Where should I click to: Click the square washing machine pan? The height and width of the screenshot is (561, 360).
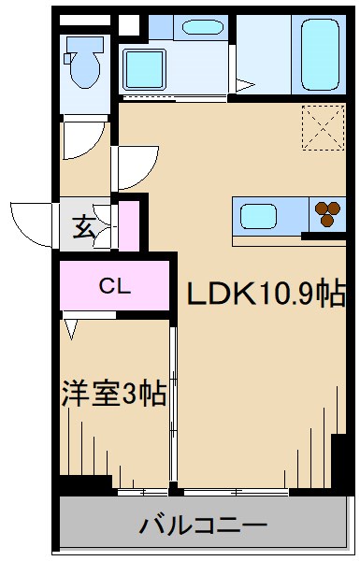pos(146,69)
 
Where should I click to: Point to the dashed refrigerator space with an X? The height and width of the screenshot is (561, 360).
pos(322,127)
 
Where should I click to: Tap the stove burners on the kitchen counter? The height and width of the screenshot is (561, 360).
pos(328,214)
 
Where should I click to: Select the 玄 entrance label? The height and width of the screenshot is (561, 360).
pos(84,225)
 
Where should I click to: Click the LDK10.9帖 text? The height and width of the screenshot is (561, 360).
pos(266,295)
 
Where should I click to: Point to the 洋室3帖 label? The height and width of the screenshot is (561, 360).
pos(114,394)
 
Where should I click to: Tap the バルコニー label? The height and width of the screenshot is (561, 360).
pos(204,526)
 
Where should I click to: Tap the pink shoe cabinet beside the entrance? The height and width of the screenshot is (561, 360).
pos(127,223)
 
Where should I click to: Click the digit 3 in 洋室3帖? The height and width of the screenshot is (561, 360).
pos(131,395)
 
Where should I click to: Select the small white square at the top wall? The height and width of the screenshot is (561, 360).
pos(129,25)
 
